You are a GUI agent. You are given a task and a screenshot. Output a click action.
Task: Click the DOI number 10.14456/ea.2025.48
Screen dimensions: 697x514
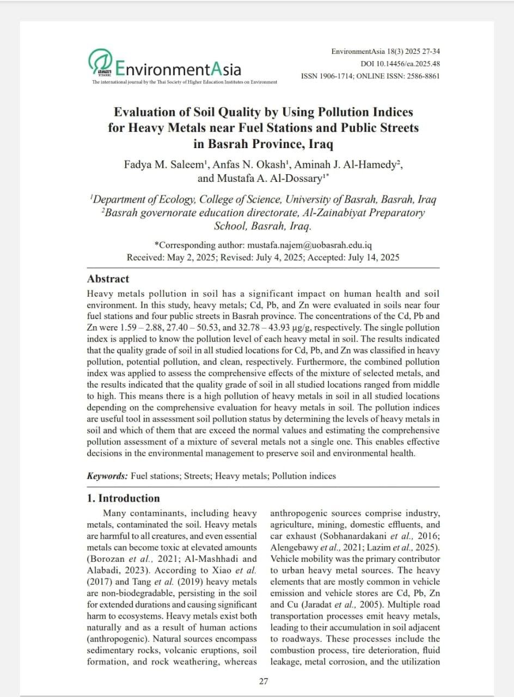[409, 64]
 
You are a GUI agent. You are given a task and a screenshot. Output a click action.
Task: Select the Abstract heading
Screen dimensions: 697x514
[108, 279]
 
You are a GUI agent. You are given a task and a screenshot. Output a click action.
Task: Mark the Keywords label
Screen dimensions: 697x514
[107, 476]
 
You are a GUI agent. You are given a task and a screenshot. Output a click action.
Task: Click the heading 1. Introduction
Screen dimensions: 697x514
[124, 498]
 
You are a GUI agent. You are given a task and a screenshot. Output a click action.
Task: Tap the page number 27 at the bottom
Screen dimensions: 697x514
[263, 681]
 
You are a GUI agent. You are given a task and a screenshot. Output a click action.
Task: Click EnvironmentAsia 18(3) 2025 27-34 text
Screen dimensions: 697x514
[385, 52]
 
